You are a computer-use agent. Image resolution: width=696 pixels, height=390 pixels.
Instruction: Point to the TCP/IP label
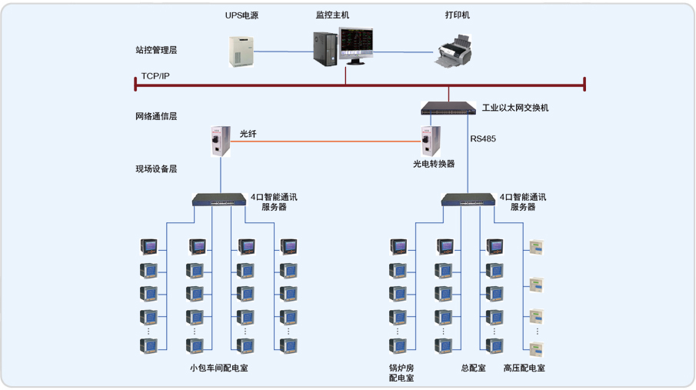pos(155,77)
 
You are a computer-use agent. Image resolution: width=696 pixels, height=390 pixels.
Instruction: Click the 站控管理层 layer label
pos(156,51)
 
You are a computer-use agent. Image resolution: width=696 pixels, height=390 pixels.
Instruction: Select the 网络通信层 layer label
pos(156,117)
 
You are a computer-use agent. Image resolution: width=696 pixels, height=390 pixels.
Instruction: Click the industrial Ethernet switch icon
pos(448,108)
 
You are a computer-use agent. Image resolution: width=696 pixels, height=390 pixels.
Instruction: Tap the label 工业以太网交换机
pos(515,108)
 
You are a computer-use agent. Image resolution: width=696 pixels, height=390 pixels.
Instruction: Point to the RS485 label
pos(483,139)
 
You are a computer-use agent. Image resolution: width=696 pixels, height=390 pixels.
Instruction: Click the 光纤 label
pos(248,134)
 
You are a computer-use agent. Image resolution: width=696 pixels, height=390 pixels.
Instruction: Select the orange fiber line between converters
pos(323,142)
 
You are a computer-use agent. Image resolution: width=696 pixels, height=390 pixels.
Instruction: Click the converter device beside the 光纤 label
pos(220,142)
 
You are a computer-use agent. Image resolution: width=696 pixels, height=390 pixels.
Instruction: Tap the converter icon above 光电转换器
pos(430,141)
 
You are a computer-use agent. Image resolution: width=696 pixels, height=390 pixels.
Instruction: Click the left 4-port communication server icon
pos(219,201)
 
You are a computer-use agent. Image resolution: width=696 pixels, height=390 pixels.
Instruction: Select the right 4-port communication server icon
pos(468,201)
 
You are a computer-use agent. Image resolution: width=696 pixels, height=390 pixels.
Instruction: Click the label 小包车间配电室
pos(219,368)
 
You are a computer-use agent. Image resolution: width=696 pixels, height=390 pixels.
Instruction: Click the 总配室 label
pos(473,368)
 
